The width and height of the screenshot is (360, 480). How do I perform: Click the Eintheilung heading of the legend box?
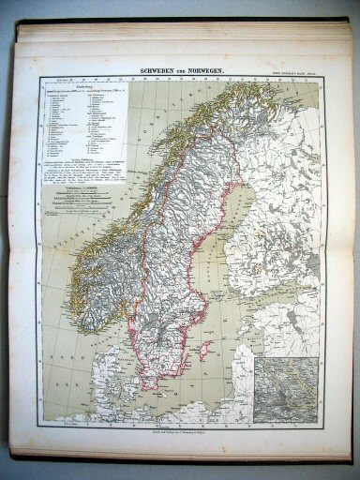(69, 92)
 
